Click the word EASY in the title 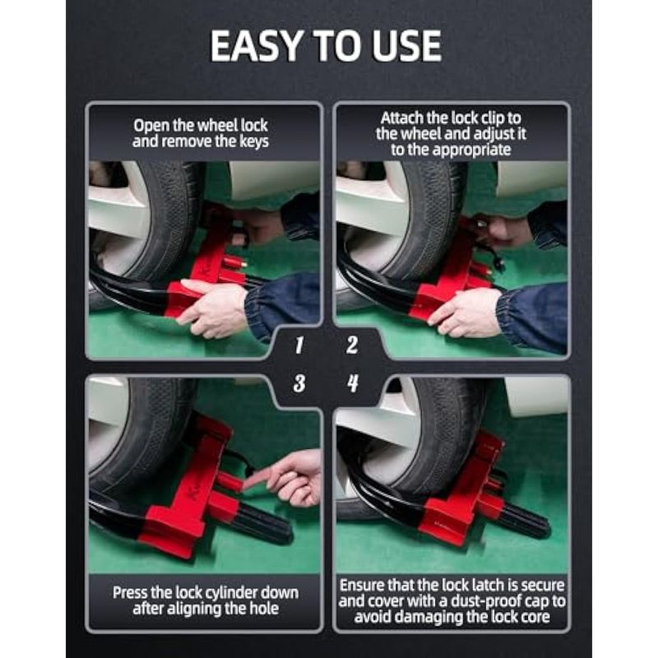256,46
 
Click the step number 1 299,345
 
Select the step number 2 352,345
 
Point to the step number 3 299,383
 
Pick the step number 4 353,383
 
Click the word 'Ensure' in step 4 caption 362,585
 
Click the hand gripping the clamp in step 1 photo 212,308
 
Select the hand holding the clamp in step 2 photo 466,313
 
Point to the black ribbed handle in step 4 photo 526,521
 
